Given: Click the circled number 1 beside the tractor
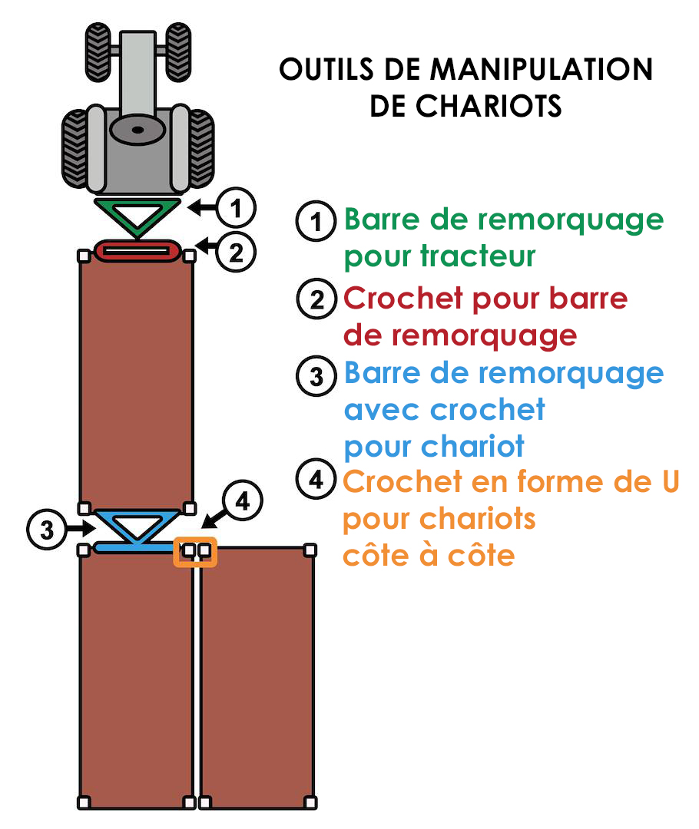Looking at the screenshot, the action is [236, 208].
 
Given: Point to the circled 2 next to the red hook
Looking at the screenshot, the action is [236, 252].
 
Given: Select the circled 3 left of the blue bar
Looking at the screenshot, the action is [47, 529].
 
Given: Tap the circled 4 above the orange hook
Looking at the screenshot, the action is [243, 500].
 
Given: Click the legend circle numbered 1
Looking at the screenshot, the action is [316, 221].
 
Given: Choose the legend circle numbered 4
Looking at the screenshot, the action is [316, 479].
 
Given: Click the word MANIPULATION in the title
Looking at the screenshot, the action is [542, 69].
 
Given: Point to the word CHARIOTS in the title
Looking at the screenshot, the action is [488, 106].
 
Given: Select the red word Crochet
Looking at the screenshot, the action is [403, 298].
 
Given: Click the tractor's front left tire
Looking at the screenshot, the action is [98, 52].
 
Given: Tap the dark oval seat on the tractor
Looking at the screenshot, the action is [137, 130].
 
